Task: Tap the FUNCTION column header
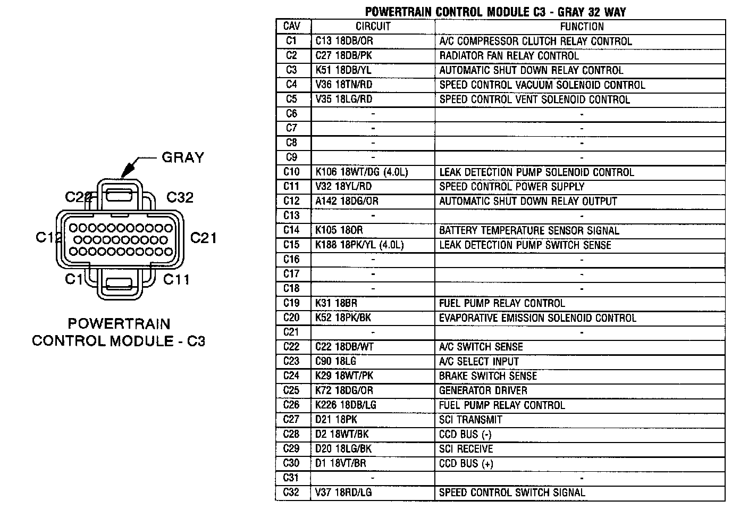coord(582,27)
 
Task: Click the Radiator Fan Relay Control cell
coord(509,55)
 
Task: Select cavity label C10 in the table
coord(292,172)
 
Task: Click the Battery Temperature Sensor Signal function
coord(529,230)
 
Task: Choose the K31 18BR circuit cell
coord(336,303)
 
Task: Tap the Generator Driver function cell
coord(483,390)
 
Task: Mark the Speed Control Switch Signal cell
coord(512,493)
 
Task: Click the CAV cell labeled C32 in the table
coord(292,493)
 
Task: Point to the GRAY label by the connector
coord(182,157)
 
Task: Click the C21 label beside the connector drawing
coord(203,238)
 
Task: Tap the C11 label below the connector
coord(176,279)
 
